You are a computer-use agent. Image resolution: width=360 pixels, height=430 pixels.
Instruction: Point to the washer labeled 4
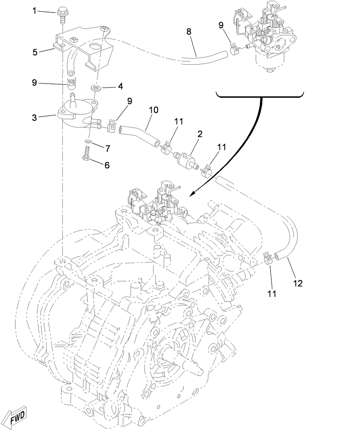(x=95, y=87)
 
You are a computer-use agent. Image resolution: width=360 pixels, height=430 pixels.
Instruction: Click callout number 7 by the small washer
(x=107, y=149)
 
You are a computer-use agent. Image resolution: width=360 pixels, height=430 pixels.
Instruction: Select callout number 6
(x=107, y=165)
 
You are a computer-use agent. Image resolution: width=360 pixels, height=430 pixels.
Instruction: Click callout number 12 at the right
(x=297, y=283)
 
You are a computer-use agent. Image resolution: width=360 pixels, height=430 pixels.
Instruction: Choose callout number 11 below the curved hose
(x=272, y=293)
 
